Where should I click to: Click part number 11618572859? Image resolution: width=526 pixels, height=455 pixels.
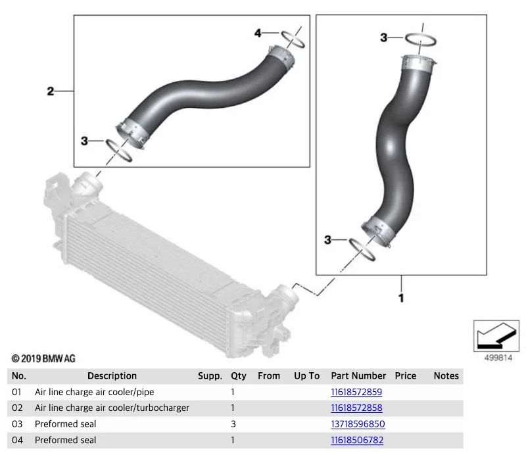[x=356, y=392]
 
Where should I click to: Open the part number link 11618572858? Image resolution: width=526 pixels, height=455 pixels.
[x=356, y=408]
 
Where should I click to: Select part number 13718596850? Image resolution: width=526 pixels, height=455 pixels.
[x=358, y=424]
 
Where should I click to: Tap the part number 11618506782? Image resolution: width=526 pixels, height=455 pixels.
[x=357, y=440]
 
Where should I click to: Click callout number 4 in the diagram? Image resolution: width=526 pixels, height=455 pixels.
[x=258, y=33]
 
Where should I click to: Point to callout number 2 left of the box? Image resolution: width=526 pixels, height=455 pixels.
[x=51, y=91]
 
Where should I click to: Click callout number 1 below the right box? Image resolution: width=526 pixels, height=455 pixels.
[x=401, y=298]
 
